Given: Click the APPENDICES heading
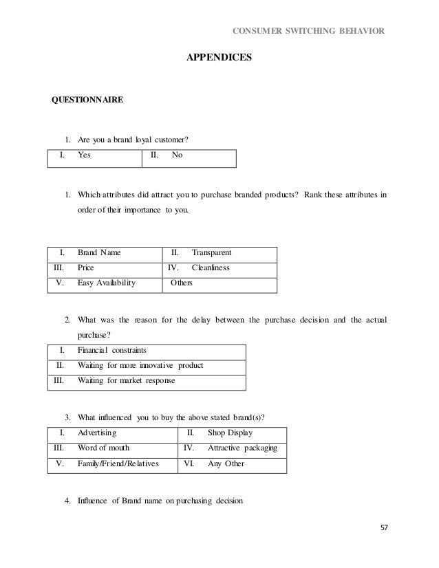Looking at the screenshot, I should [219, 59].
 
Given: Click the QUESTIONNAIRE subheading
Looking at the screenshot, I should [89, 100].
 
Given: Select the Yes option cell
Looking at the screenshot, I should [85, 155].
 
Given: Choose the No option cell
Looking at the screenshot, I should [177, 155].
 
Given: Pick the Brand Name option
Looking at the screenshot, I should [99, 253].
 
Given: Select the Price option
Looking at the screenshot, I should [86, 267].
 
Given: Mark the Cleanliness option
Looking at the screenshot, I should [211, 267].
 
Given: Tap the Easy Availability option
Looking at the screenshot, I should [107, 282].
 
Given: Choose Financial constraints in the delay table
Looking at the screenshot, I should [112, 350].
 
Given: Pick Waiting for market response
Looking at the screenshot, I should [127, 380].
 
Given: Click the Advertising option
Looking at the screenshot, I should [97, 433].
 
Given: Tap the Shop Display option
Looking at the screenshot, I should [230, 433].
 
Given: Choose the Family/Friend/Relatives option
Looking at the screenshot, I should [118, 463].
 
